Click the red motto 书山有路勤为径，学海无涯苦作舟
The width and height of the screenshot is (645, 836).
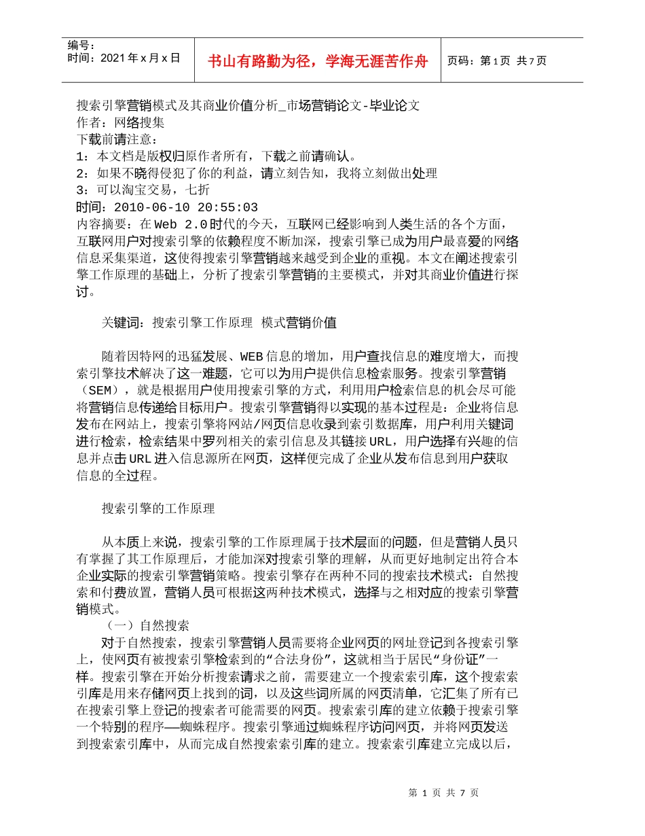318,61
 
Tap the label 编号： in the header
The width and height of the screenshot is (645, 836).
81,46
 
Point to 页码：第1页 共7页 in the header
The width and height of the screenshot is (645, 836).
497,61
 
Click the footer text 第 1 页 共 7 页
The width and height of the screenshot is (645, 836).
444,793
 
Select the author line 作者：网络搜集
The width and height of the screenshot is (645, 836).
120,122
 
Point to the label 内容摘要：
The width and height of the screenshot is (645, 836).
107,224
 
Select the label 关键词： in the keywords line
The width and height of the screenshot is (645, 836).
126,323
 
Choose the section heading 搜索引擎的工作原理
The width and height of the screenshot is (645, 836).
158,508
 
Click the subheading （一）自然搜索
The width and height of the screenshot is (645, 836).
147,625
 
